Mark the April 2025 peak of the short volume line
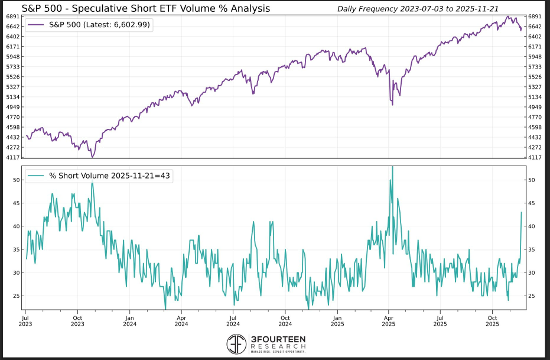pyautogui.click(x=392, y=167)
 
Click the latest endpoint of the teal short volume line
pyautogui.click(x=521, y=212)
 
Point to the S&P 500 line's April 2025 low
pyautogui.click(x=393, y=106)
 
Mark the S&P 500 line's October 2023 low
pyautogui.click(x=92, y=157)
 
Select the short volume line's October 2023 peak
pyautogui.click(x=92, y=183)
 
